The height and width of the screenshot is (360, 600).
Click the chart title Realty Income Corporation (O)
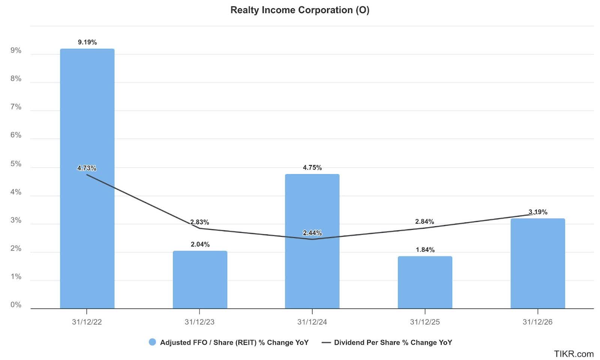[300, 10]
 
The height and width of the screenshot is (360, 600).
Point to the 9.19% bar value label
[87, 42]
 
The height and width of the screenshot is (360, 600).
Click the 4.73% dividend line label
[87, 168]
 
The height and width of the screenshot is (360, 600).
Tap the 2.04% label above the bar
[200, 244]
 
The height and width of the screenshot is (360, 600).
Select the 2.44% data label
[312, 233]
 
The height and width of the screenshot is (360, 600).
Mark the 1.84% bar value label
[425, 250]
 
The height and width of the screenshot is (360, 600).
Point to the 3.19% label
[538, 212]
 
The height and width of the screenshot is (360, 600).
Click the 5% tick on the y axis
[16, 164]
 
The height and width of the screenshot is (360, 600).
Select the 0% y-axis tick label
[16, 305]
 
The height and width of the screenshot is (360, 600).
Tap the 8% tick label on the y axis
[16, 79]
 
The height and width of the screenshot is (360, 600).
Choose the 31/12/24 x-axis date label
[312, 322]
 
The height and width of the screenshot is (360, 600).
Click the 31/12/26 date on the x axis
[537, 322]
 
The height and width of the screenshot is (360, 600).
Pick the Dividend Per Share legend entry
[387, 342]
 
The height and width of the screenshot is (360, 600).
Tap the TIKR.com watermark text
[574, 354]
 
